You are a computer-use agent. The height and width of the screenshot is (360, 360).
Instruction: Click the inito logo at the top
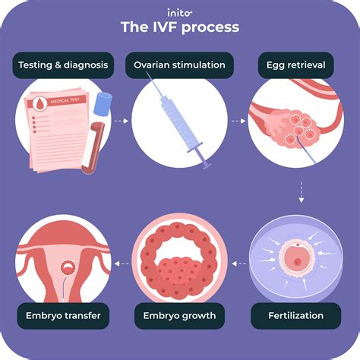(180, 12)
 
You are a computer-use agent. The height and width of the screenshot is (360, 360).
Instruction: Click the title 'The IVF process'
(180, 28)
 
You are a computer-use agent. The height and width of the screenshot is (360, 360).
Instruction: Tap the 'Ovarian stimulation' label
(180, 65)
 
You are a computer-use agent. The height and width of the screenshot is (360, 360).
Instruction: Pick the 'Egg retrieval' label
(296, 65)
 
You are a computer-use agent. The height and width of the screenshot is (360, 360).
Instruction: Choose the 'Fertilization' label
(296, 314)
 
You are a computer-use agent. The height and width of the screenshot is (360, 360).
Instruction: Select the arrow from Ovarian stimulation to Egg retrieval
(239, 119)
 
